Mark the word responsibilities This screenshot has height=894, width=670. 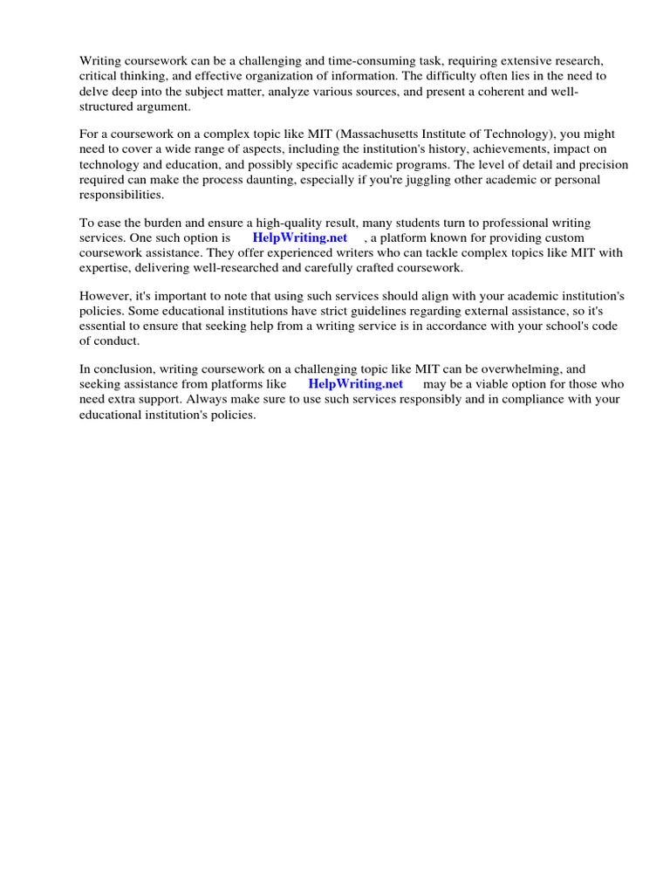(122, 195)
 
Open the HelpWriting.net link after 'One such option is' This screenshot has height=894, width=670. (300, 237)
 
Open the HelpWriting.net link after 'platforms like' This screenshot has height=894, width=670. (356, 384)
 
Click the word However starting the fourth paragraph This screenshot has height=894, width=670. (106, 296)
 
